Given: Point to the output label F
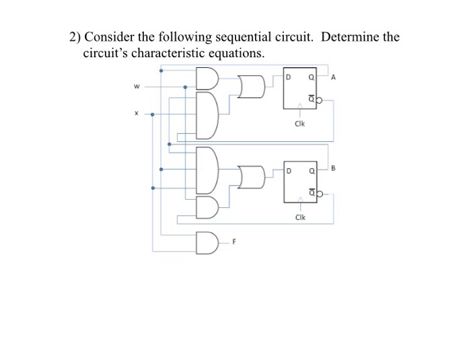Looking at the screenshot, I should (x=234, y=240).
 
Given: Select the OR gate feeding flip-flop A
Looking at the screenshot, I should (x=253, y=86).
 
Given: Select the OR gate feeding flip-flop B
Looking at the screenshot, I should (x=253, y=178).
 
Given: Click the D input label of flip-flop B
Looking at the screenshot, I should (x=288, y=170).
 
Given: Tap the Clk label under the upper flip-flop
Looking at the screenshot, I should (x=300, y=124).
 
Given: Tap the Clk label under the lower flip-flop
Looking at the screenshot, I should (x=300, y=217).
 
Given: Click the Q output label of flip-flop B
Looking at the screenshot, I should (x=312, y=170).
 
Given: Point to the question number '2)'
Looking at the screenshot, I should (x=76, y=38).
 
